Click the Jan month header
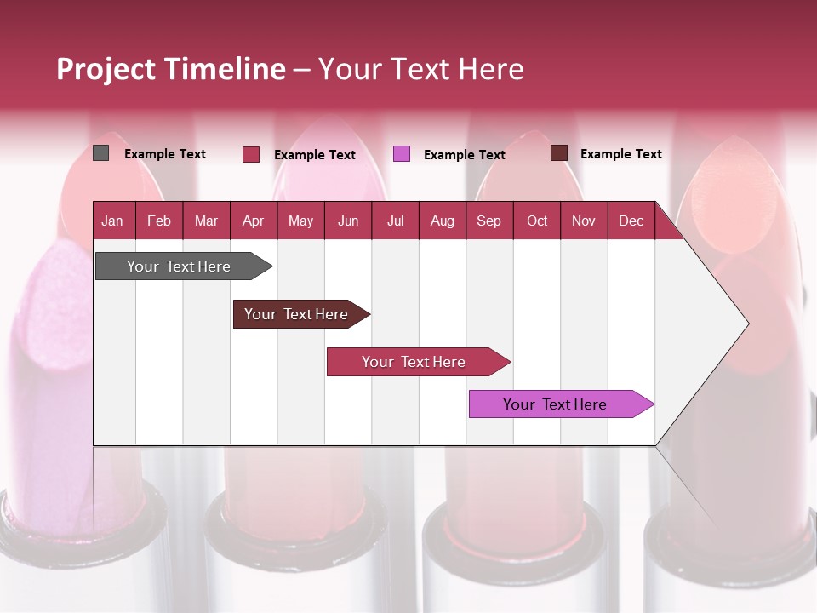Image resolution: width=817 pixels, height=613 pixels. (112, 221)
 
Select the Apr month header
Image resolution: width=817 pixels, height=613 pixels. (253, 221)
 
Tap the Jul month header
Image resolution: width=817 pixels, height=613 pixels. (395, 221)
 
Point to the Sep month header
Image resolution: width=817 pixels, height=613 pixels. (488, 221)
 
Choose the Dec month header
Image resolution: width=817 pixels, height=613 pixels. (631, 221)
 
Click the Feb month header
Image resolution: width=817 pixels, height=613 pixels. (159, 221)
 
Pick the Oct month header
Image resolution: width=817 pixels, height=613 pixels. (537, 221)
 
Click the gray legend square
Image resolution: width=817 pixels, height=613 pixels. (101, 153)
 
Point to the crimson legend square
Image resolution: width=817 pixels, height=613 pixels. (251, 154)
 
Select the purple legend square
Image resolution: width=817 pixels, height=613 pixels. (402, 154)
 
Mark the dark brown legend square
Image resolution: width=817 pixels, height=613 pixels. (558, 153)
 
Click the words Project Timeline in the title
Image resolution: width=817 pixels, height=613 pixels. (171, 69)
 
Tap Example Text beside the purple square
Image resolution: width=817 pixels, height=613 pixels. (464, 155)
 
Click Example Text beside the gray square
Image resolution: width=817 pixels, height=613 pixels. (165, 154)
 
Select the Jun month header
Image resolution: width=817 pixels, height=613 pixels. (348, 221)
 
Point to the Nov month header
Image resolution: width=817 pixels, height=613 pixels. (584, 221)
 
